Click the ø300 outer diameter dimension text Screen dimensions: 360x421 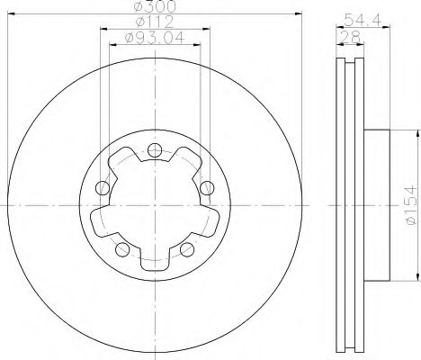155,7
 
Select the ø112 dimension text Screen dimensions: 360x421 154,22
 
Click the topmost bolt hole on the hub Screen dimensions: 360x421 154,150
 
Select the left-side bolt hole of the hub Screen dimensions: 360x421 103,188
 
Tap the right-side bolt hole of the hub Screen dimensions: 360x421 206,187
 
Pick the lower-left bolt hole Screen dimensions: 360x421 122,248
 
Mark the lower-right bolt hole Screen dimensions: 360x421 186,248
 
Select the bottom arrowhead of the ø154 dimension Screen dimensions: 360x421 417,275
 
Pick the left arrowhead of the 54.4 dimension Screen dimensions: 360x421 338,27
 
